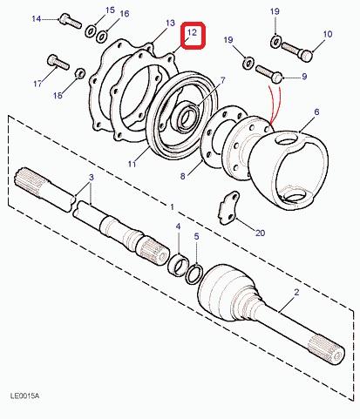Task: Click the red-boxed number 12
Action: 193,32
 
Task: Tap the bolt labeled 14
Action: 71,21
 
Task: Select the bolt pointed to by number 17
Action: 58,62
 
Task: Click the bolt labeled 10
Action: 297,51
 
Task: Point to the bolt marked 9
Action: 269,74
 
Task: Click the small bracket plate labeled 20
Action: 229,207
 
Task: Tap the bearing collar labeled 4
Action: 179,264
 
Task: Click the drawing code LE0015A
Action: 24,395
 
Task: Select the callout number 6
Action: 316,112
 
